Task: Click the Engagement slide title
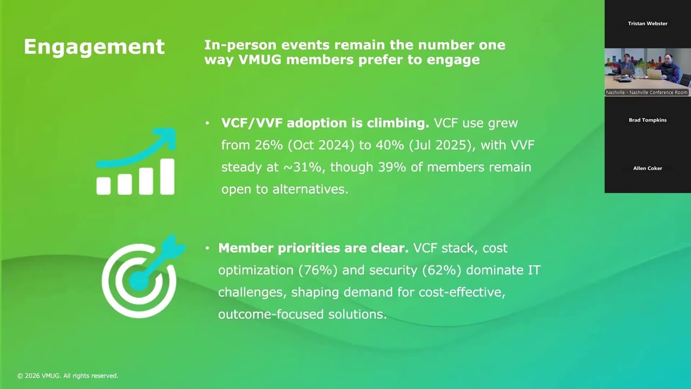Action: click(94, 47)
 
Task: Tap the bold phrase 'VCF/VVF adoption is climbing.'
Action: click(325, 123)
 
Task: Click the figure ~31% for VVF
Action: click(302, 167)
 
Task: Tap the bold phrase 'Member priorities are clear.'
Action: click(313, 248)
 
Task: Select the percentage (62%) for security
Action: click(443, 270)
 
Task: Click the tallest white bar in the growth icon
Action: click(167, 176)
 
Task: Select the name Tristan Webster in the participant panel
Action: click(647, 24)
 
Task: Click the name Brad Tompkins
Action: click(647, 120)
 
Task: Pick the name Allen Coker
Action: click(647, 168)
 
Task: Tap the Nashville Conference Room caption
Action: click(647, 93)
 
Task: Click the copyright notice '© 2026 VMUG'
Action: click(67, 375)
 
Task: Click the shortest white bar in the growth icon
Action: click(104, 186)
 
